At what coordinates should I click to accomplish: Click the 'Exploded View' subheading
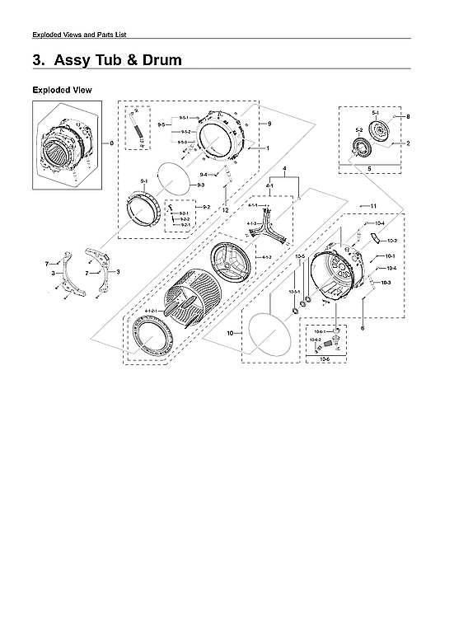pos(62,89)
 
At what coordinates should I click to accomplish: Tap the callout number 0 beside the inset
pos(112,144)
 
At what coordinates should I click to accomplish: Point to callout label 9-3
pos(200,186)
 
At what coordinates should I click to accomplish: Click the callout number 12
pos(224,210)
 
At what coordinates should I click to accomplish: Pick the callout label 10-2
pos(392,241)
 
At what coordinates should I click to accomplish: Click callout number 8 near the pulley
pos(407,117)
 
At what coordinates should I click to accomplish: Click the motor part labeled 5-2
pos(360,149)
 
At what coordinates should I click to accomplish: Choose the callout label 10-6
pos(323,359)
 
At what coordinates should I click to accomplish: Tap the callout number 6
pos(362,328)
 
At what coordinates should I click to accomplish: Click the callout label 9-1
pos(143,179)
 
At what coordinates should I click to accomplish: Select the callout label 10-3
pos(386,283)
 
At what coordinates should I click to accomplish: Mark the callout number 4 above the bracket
pos(283,170)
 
